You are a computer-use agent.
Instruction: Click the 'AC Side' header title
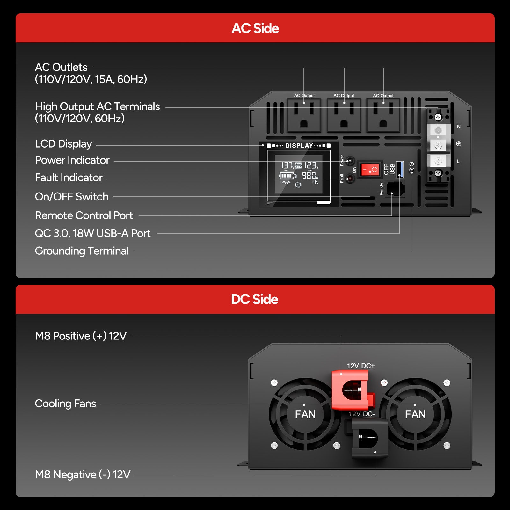tap(255, 28)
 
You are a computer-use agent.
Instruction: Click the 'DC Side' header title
tap(255, 299)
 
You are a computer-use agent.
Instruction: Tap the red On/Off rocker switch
tap(369, 170)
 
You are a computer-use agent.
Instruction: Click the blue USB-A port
tap(400, 169)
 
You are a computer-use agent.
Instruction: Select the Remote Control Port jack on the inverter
tap(395, 189)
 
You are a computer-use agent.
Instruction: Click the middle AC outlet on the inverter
tap(344, 115)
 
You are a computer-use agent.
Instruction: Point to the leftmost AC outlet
tap(304, 115)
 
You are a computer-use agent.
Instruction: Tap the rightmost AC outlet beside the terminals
tap(383, 115)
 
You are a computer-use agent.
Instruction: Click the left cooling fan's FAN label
tap(305, 414)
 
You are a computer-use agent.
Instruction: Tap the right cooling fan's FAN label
tap(415, 414)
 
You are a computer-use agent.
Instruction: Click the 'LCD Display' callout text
tap(63, 144)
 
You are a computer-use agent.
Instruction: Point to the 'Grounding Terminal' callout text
tap(82, 251)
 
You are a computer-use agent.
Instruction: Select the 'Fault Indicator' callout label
tap(69, 178)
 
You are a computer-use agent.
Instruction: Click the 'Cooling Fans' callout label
tap(65, 404)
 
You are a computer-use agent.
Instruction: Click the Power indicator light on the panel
tap(350, 161)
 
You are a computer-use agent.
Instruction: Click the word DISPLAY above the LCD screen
tap(299, 146)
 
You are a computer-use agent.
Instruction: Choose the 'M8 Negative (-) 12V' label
tap(83, 475)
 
